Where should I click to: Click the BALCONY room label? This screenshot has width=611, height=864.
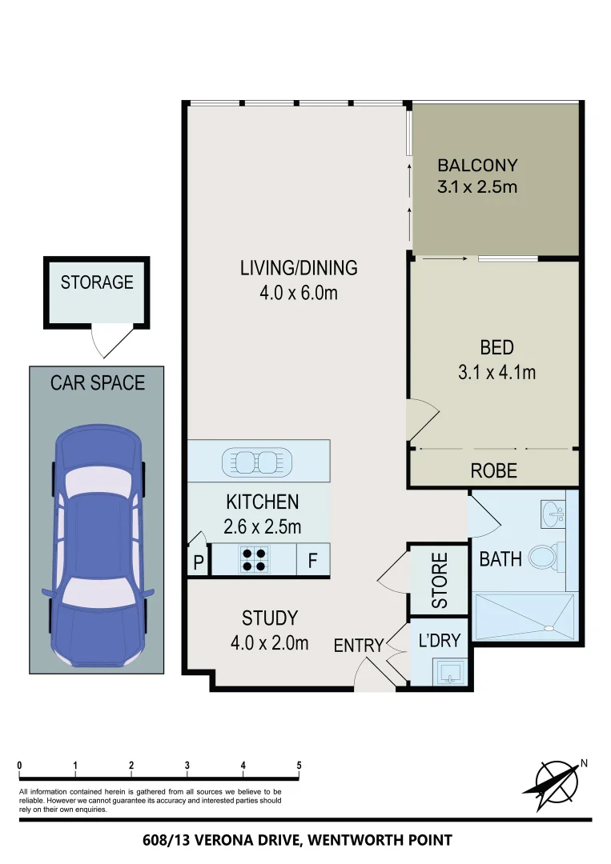[477, 166]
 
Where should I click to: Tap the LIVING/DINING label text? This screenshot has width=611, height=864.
[298, 268]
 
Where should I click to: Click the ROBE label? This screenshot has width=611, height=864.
[493, 471]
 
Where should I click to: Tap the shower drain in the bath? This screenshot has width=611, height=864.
[549, 628]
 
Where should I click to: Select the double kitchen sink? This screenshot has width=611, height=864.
[259, 461]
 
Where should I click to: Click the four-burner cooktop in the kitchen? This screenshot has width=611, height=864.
[255, 559]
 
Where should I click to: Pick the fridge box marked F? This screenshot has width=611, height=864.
[313, 561]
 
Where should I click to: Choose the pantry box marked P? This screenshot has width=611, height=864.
[198, 562]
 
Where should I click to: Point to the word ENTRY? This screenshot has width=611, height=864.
[359, 646]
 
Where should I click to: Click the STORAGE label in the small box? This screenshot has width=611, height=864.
[97, 282]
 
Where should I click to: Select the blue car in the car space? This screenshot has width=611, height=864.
[97, 544]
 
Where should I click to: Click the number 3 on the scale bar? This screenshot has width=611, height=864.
[187, 766]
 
